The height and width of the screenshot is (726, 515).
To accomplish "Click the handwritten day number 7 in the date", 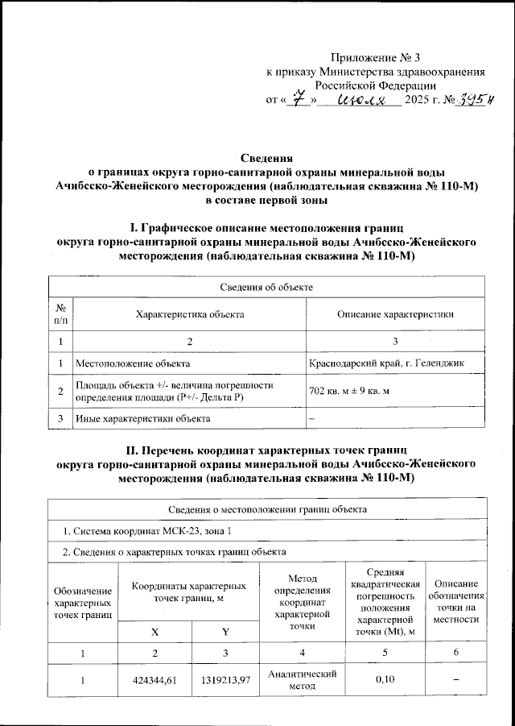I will (x=300, y=99).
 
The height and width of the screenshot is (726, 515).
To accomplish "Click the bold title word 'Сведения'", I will (x=267, y=158).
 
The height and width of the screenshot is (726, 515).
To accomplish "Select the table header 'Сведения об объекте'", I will (x=266, y=287).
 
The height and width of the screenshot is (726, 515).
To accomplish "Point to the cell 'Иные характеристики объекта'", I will (x=142, y=418).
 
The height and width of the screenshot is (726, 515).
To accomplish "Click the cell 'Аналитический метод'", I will (x=301, y=680).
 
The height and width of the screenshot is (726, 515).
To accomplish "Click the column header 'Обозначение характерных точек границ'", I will (x=82, y=604).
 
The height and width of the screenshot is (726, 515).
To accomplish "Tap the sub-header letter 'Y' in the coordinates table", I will (x=225, y=632).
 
